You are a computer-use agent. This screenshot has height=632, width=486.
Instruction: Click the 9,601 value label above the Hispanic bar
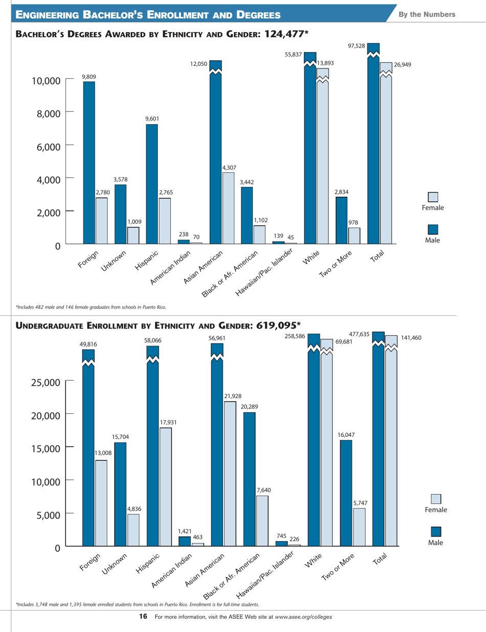pos(152,119)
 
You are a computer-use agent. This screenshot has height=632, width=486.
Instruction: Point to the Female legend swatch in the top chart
pos(433,197)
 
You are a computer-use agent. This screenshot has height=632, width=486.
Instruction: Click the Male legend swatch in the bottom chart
pos(435,532)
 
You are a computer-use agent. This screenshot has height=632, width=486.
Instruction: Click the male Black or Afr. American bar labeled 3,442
pos(247,216)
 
